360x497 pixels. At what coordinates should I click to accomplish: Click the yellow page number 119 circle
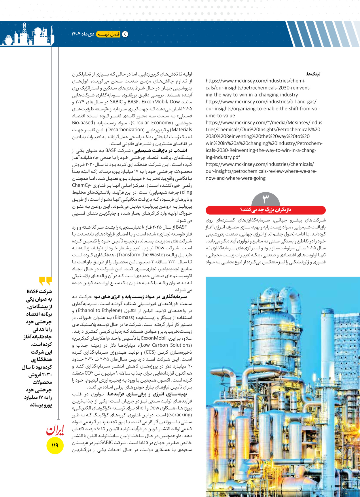click(x=55, y=445)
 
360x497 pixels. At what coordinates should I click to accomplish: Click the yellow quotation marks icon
click(x=46, y=281)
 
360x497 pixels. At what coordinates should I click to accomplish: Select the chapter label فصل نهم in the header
click(x=108, y=34)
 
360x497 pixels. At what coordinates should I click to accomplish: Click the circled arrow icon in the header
click(x=125, y=34)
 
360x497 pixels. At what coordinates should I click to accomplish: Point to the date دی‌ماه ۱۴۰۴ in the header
click(x=83, y=34)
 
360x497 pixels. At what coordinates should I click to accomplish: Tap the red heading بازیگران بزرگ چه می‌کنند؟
click(x=266, y=210)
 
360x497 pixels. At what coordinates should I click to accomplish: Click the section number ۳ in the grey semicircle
click(x=265, y=198)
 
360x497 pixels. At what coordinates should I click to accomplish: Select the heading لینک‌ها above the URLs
click(x=313, y=74)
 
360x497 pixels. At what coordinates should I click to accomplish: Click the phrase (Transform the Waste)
click(x=141, y=255)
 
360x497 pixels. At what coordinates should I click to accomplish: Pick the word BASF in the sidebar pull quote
click(x=33, y=291)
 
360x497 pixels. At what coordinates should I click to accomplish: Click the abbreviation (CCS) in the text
click(x=150, y=352)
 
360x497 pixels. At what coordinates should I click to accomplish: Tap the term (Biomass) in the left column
click(x=124, y=318)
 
